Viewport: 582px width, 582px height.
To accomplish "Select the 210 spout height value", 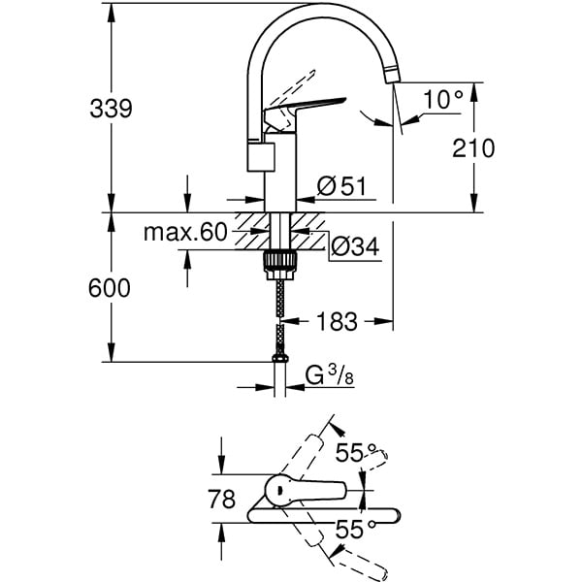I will coord(473,148).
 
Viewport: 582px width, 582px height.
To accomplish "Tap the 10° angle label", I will coord(444,98).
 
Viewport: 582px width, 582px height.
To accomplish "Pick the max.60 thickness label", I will coord(185,233).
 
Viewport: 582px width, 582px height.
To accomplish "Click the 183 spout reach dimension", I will coord(338,321).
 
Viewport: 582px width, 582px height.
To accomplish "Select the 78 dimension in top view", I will coord(222,500).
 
